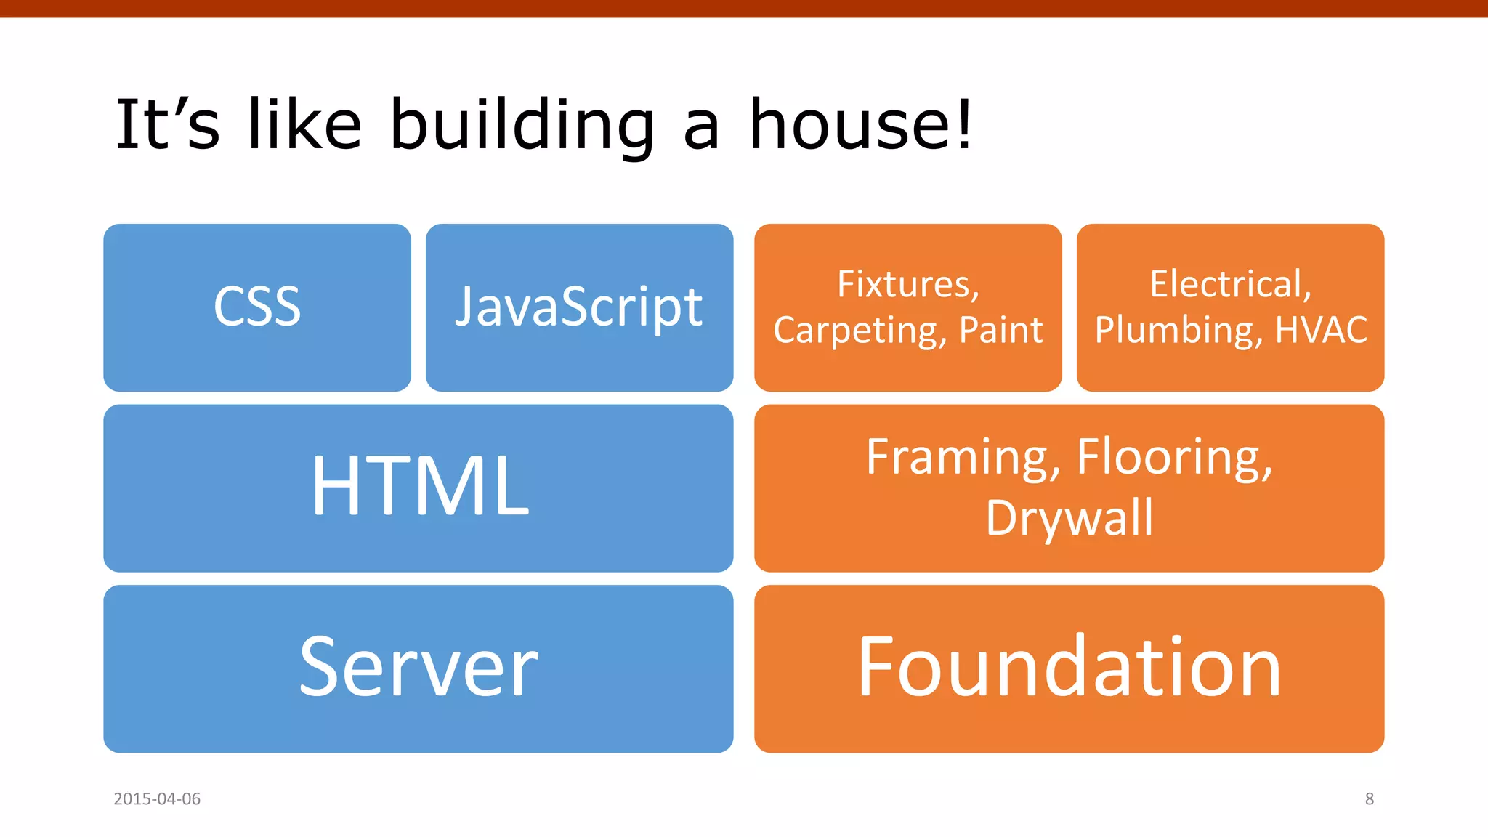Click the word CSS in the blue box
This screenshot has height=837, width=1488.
point(257,307)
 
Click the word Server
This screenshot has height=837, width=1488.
point(418,667)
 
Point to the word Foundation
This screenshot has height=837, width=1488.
point(1069,667)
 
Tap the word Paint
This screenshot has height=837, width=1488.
point(1001,331)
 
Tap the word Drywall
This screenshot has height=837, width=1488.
point(1069,519)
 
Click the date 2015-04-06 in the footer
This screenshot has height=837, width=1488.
point(157,799)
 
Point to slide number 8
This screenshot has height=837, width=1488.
point(1369,799)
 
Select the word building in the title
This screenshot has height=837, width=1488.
point(522,125)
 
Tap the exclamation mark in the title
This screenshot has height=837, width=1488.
point(963,125)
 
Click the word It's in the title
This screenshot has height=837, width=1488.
point(167,125)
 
